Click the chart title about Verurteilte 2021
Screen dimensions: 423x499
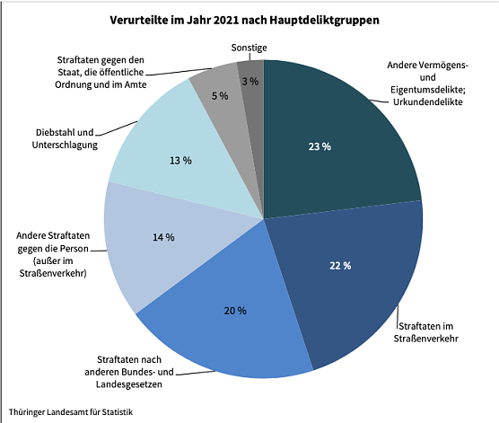(x=249, y=18)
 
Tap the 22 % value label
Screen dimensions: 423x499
(x=341, y=266)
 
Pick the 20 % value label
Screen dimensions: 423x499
(x=235, y=310)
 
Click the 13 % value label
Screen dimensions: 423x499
(x=180, y=161)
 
